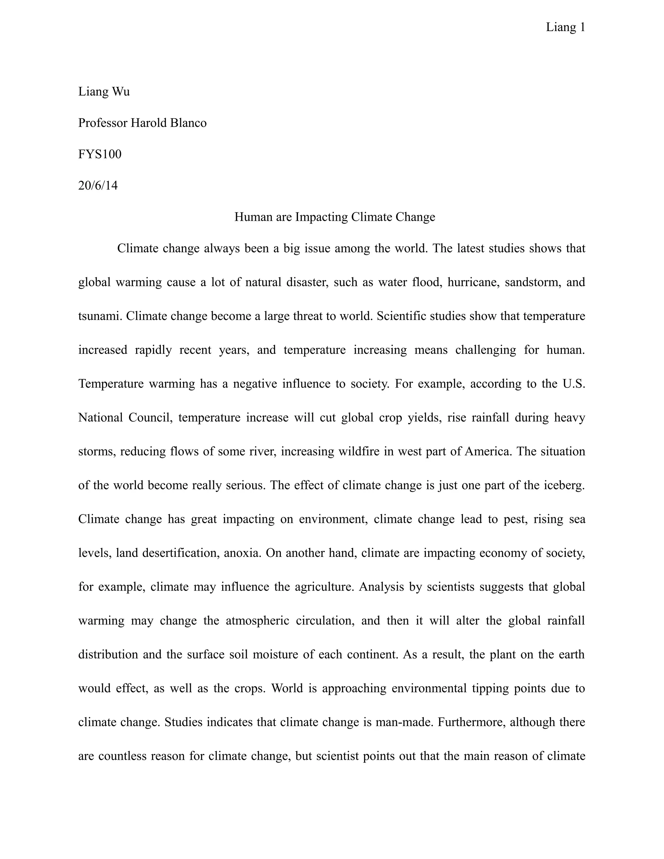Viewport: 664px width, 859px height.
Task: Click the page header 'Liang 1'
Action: [565, 28]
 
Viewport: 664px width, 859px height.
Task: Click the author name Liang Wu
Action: [104, 92]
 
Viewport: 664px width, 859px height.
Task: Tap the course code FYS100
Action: [100, 154]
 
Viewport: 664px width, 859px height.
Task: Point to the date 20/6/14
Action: [98, 185]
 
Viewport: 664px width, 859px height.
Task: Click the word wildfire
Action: [357, 451]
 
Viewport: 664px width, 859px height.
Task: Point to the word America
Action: [488, 451]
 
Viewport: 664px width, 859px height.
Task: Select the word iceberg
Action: [564, 485]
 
